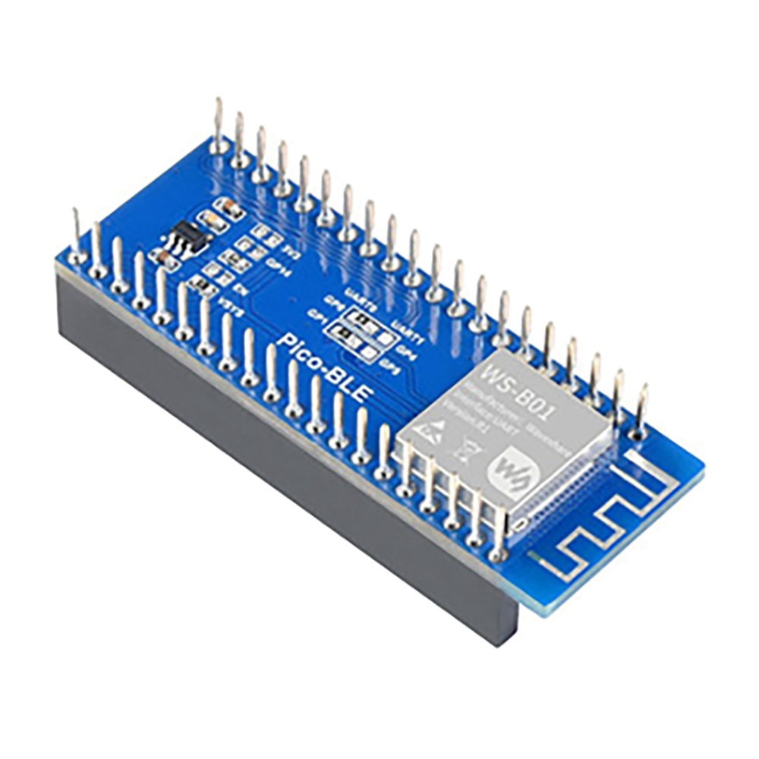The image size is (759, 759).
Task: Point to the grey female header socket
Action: [288, 486]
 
